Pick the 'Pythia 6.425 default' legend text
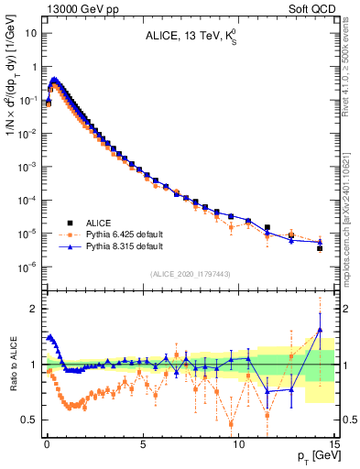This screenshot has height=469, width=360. tap(122, 234)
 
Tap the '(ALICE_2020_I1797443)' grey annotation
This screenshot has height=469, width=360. tap(191, 275)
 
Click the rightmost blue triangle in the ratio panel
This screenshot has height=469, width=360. tap(320, 330)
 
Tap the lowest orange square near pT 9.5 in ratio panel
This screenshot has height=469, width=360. tap(231, 423)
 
